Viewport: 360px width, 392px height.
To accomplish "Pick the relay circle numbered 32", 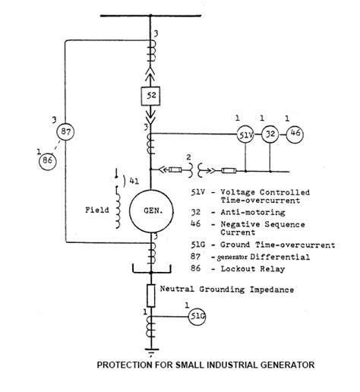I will [269, 135].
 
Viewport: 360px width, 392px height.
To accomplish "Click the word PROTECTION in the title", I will [126, 365].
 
